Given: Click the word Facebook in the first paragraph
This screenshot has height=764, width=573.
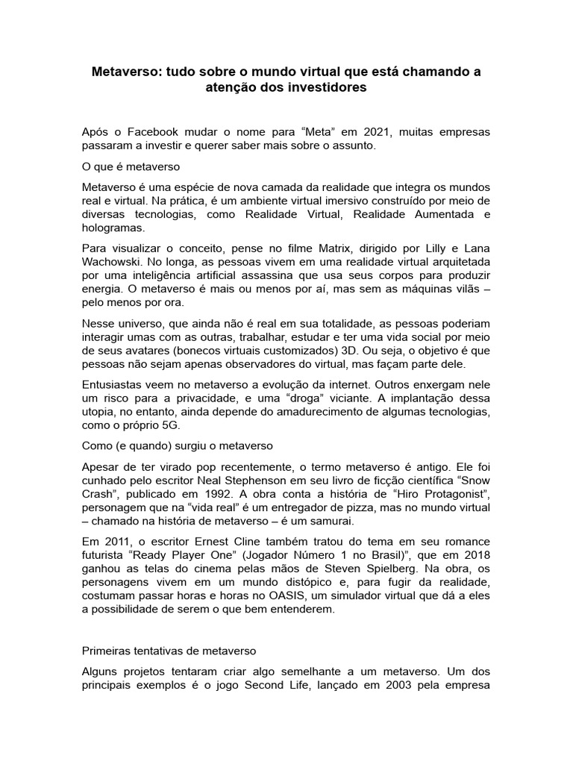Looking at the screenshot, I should [164, 132].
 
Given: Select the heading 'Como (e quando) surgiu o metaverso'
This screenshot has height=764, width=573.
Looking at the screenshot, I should [178, 445].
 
